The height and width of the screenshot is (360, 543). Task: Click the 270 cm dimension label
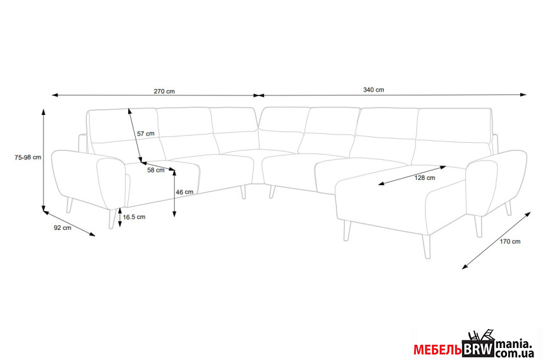click(164, 92)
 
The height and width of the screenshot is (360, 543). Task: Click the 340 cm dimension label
click(373, 90)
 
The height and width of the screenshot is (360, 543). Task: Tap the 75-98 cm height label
click(28, 157)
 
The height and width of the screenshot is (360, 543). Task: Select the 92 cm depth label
click(63, 227)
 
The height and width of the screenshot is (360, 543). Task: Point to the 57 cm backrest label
click(146, 133)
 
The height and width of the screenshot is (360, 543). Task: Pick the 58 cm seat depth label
click(156, 170)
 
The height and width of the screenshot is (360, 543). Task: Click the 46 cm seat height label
click(184, 192)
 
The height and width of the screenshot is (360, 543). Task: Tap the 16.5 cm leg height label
click(134, 217)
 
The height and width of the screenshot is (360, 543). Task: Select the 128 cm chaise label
click(424, 177)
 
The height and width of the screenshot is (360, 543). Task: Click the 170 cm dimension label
click(510, 241)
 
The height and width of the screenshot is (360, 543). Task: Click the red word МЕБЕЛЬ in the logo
click(438, 350)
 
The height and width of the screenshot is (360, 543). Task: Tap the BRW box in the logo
click(478, 349)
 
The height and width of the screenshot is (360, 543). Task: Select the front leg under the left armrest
click(112, 219)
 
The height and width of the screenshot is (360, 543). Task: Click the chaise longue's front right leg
click(427, 247)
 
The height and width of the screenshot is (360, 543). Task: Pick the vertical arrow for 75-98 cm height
click(44, 160)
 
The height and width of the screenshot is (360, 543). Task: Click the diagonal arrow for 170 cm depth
click(496, 241)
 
